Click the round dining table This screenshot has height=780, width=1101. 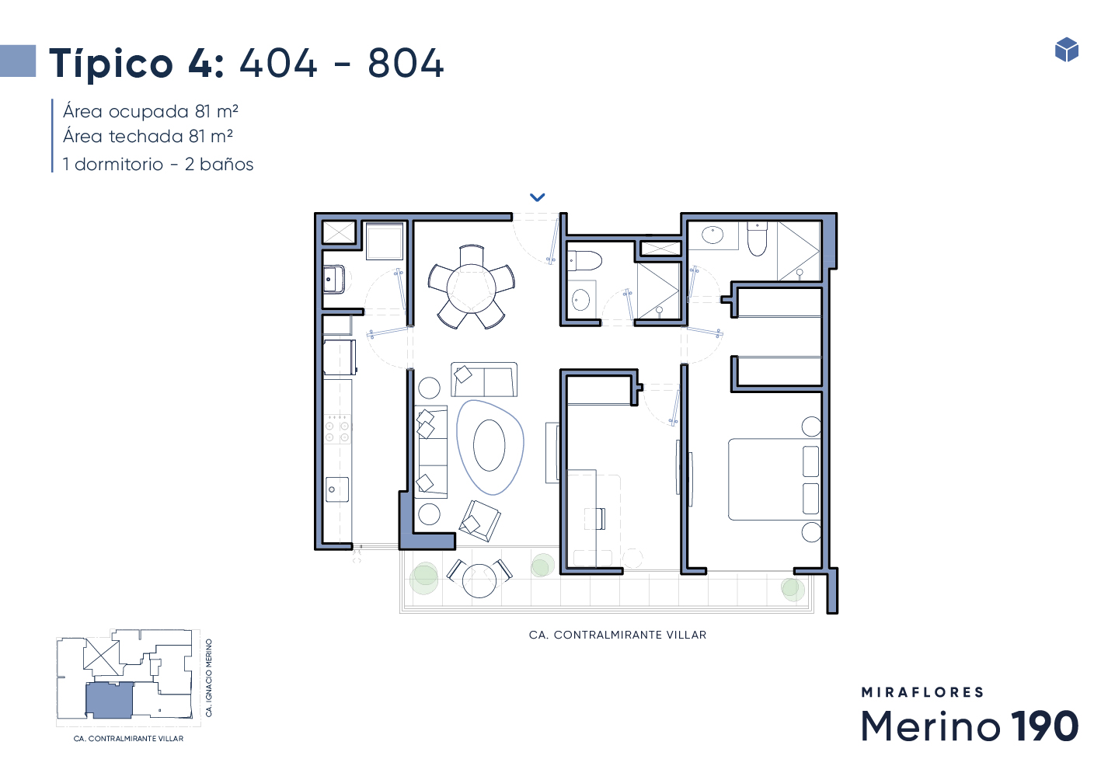pyautogui.click(x=472, y=288)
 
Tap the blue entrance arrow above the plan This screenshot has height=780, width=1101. pyautogui.click(x=537, y=197)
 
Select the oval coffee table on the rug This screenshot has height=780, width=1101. pyautogui.click(x=489, y=445)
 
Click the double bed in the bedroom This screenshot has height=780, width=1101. pyautogui.click(x=774, y=479)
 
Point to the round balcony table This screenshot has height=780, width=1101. pyautogui.click(x=479, y=580)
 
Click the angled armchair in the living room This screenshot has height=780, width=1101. pyautogui.click(x=479, y=521)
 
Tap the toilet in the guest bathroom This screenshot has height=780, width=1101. pyautogui.click(x=584, y=260)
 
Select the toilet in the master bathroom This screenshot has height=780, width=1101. pyautogui.click(x=758, y=239)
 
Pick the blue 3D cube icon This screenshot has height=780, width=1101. pyautogui.click(x=1067, y=50)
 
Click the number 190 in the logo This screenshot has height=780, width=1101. pyautogui.click(x=1044, y=726)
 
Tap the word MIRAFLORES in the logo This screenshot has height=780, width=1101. pyautogui.click(x=922, y=692)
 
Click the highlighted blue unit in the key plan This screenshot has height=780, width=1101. pyautogui.click(x=109, y=701)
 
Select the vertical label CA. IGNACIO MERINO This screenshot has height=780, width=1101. pyautogui.click(x=209, y=677)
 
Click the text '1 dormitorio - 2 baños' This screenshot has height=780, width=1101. pyautogui.click(x=158, y=164)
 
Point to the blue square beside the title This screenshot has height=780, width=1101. pyautogui.click(x=18, y=61)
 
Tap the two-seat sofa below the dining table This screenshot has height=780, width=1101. pyautogui.click(x=484, y=379)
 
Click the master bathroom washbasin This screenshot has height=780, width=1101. pyautogui.click(x=713, y=235)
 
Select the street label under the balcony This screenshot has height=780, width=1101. pyautogui.click(x=618, y=635)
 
